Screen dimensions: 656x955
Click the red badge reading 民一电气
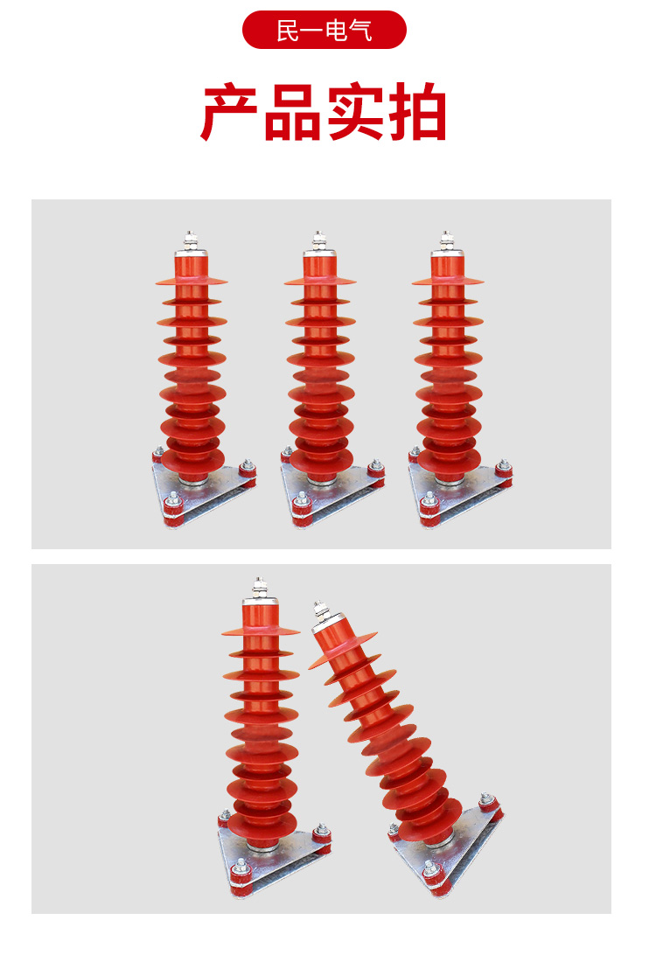[324, 30]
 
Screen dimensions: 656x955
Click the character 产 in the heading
[230, 112]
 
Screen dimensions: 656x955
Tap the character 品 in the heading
[292, 112]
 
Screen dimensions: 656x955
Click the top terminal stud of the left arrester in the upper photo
[191, 240]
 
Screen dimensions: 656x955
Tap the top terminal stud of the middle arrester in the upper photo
[319, 240]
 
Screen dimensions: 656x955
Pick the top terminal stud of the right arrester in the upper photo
[447, 240]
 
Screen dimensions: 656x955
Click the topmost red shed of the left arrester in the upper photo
[192, 282]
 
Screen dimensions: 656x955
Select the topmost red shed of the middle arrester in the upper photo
[320, 282]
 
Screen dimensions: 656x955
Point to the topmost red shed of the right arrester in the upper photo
[448, 282]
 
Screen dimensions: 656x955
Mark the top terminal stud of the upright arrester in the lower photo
[260, 587]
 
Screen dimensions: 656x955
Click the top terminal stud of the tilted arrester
[319, 608]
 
